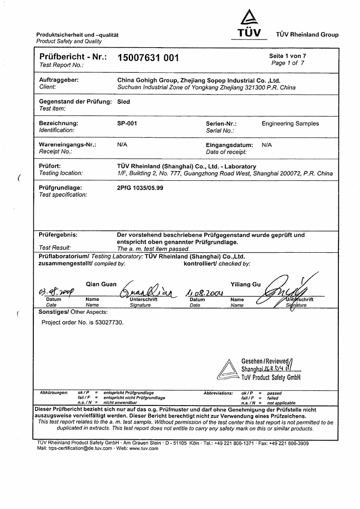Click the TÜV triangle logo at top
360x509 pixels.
[249, 19]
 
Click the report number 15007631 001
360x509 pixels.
[148, 58]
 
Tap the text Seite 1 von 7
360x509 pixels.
[288, 56]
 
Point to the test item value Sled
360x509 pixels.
[123, 102]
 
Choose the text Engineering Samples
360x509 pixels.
[290, 123]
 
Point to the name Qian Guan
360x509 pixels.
[101, 284]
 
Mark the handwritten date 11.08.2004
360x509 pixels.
[205, 293]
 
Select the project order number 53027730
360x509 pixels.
[108, 322]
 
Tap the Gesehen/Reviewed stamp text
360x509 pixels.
[265, 361]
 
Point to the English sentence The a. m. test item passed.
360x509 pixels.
[153, 248]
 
